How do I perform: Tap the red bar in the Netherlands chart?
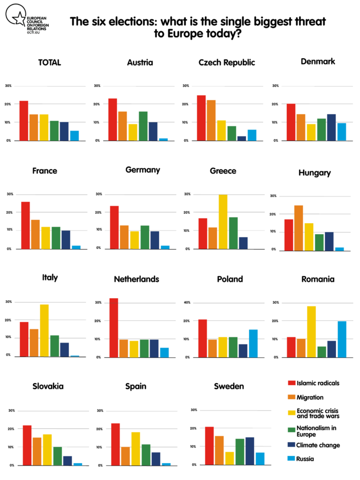click(114, 328)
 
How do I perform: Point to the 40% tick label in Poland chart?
click(186, 302)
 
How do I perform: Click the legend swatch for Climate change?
click(291, 445)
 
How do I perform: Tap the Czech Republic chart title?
click(227, 62)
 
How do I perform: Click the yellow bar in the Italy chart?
click(44, 330)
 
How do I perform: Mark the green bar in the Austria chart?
click(143, 126)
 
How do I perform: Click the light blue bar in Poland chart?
click(253, 343)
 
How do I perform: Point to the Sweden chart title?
click(229, 386)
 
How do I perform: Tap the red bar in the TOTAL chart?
click(23, 120)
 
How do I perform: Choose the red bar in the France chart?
click(25, 225)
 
